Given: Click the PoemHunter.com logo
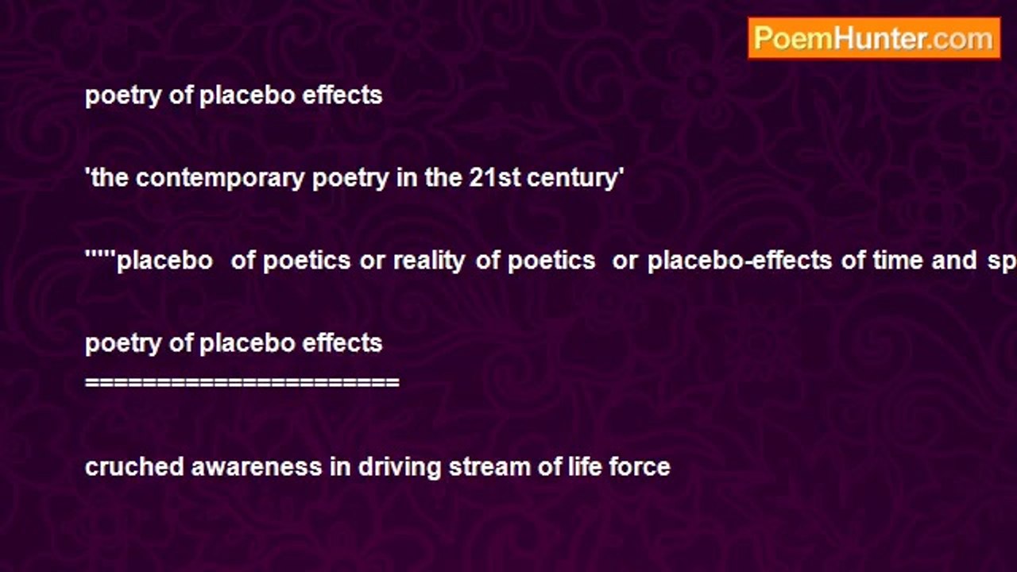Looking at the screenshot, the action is tap(874, 38).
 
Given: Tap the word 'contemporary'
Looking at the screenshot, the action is tap(220, 179).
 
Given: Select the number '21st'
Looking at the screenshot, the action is tap(494, 177).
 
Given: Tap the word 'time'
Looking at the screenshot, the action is tap(899, 261).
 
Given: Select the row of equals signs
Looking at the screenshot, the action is tap(242, 383).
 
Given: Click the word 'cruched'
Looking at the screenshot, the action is tap(134, 467).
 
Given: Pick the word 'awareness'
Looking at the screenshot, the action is tap(257, 467).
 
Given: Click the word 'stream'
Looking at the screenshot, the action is tap(489, 467).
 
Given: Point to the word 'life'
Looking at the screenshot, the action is tap(585, 467).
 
